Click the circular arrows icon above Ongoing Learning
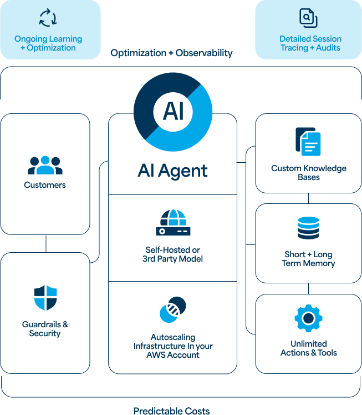click(x=48, y=17)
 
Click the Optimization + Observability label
click(x=171, y=53)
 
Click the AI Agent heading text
click(x=172, y=170)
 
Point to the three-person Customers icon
click(x=45, y=165)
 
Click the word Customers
click(x=45, y=185)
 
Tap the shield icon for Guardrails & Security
click(x=45, y=297)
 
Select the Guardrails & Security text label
click(x=45, y=329)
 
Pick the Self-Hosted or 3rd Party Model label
click(x=172, y=254)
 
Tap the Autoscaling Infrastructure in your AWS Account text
click(x=172, y=346)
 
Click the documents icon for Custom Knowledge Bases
click(x=308, y=142)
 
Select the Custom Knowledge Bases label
click(x=308, y=173)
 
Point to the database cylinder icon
click(x=308, y=228)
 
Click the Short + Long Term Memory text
click(x=308, y=259)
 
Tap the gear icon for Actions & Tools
click(x=308, y=318)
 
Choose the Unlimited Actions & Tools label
click(x=308, y=348)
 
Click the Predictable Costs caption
click(x=171, y=411)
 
